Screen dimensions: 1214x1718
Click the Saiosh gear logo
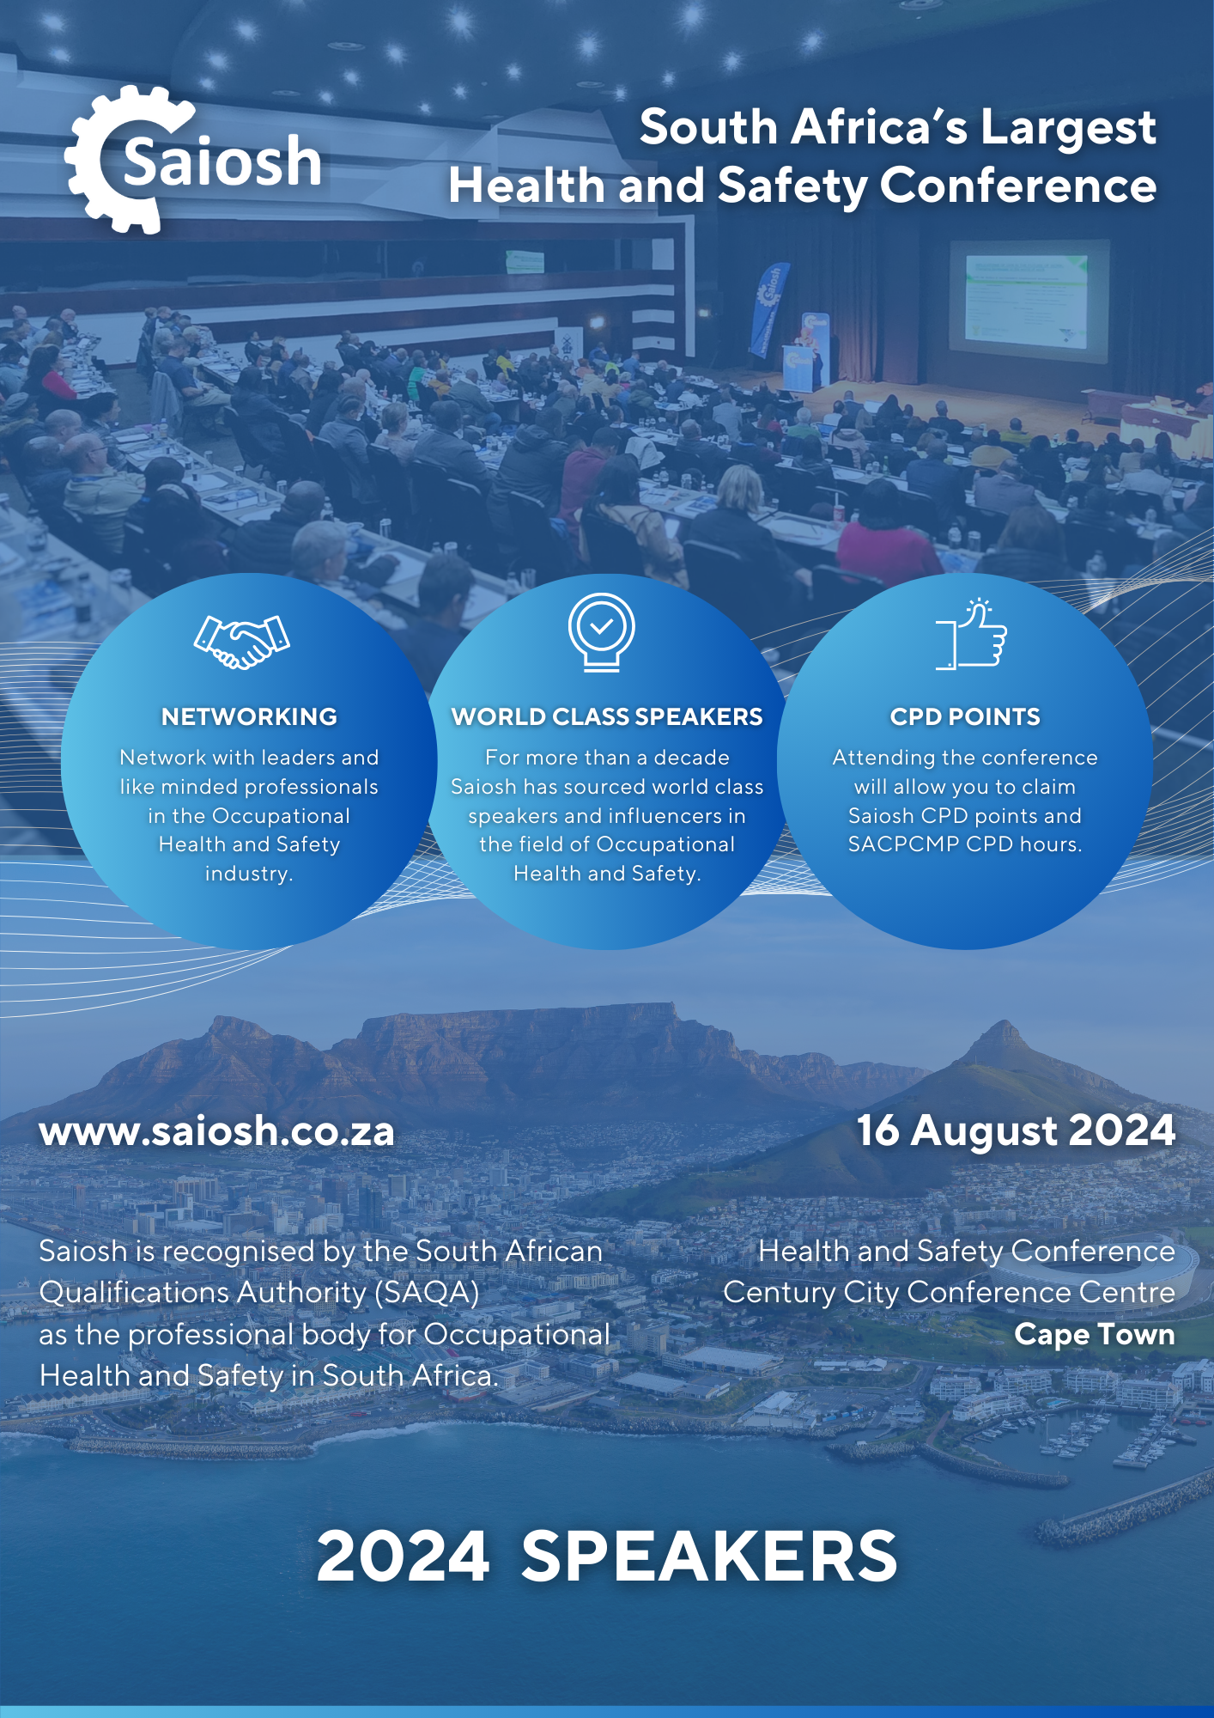coord(193,161)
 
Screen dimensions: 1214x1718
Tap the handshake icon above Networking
coord(242,642)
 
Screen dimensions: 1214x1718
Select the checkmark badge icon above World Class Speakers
coord(602,632)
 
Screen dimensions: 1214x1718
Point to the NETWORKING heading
coord(249,716)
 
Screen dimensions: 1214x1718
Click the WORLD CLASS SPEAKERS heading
coord(607,716)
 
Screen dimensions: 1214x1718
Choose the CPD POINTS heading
coord(965,716)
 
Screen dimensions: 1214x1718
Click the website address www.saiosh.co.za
coord(216,1131)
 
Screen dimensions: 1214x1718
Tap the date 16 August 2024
coord(1016,1130)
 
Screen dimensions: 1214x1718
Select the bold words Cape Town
coord(1095,1335)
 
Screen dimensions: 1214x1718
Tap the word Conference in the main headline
coord(1018,186)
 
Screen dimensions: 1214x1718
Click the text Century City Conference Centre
coord(949,1293)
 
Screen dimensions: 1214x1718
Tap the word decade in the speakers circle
coord(691,758)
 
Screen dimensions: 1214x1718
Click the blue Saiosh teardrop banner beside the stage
coord(769,309)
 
